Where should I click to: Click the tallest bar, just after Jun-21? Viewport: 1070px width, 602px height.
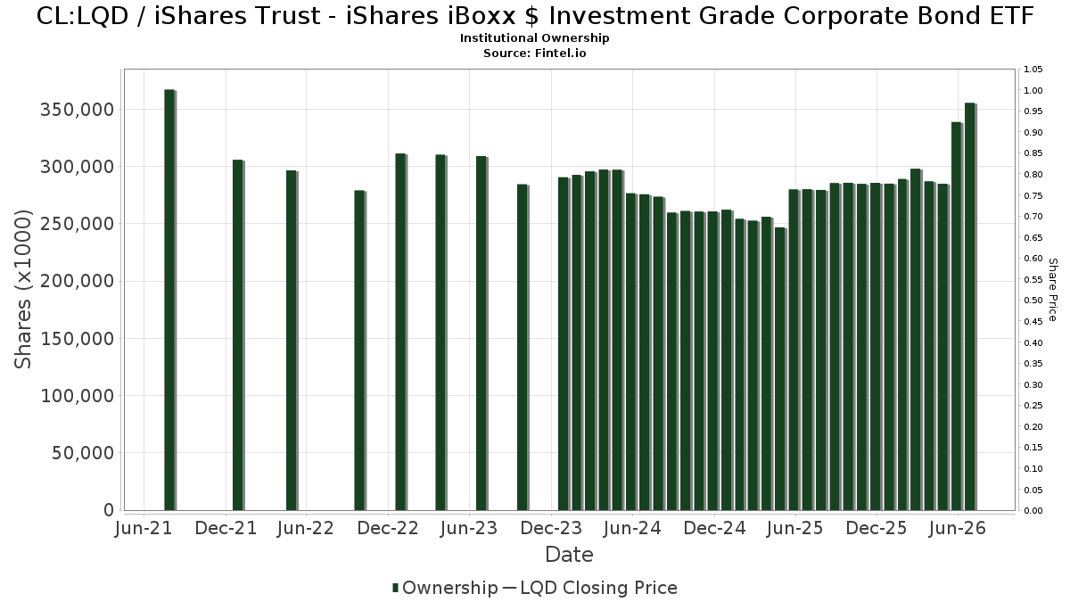click(x=170, y=300)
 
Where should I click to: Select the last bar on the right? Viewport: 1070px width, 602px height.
click(x=971, y=307)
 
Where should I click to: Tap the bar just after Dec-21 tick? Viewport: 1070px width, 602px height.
click(x=238, y=335)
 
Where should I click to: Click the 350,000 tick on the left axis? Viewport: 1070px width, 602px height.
click(x=78, y=110)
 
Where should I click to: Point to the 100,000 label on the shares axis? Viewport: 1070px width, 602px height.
click(x=78, y=396)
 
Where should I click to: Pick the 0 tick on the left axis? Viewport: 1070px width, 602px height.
click(x=109, y=510)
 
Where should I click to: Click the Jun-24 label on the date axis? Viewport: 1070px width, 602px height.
click(x=632, y=528)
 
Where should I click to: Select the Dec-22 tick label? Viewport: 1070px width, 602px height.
click(x=388, y=528)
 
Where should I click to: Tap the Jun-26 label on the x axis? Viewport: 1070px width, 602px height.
click(x=958, y=528)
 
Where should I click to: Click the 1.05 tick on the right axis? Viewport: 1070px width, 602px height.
click(x=1033, y=70)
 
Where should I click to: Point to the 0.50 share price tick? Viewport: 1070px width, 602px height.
click(x=1033, y=301)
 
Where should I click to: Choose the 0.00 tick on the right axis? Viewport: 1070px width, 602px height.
click(x=1033, y=511)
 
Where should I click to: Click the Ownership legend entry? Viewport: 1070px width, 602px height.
click(x=445, y=588)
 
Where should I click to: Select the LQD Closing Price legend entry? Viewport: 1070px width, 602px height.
click(x=590, y=588)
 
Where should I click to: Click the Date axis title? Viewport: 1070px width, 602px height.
click(x=569, y=555)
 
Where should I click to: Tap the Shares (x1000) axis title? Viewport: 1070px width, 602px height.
click(x=22, y=290)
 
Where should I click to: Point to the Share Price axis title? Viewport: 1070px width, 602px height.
click(x=1052, y=290)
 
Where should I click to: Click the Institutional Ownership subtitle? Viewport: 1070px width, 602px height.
click(x=534, y=38)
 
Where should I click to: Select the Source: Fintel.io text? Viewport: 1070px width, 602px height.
click(x=534, y=53)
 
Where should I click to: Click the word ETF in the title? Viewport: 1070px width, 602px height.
click(x=1013, y=16)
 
